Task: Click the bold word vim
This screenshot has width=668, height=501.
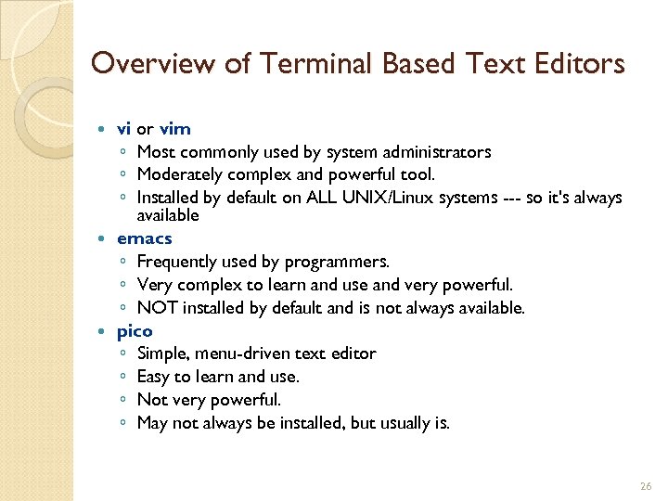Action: (x=175, y=128)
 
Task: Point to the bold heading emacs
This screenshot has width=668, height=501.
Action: (x=144, y=238)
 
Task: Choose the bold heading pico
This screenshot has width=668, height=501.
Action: (x=135, y=330)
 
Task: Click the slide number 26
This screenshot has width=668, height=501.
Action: (x=646, y=486)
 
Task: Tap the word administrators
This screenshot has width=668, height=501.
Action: (x=432, y=151)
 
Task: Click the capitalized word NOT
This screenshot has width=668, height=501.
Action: (x=157, y=307)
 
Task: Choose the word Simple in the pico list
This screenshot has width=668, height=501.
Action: (x=161, y=353)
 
